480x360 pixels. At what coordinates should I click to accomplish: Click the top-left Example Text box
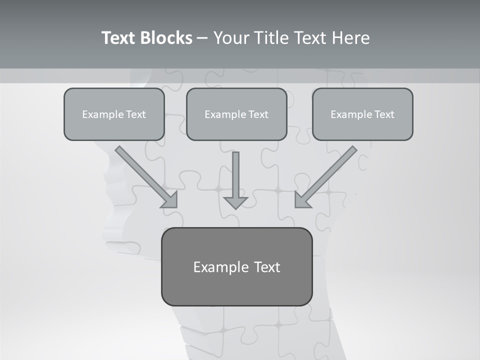coord(114,114)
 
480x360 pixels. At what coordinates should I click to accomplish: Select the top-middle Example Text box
coord(236,114)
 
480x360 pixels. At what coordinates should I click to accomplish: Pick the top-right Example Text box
coord(362,114)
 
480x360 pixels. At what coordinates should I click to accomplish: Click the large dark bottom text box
coord(236,266)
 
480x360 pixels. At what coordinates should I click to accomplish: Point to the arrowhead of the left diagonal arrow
coord(170,200)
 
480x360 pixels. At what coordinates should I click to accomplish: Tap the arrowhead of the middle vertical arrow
coord(235,202)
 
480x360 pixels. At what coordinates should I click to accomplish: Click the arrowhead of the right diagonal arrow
coord(302,200)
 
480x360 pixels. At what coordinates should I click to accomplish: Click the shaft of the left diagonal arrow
coord(140,170)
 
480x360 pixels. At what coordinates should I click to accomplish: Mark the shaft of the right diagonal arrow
coord(332,170)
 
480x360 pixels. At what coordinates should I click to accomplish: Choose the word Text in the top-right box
coord(384,114)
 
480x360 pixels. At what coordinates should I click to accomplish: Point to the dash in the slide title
coord(202,38)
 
